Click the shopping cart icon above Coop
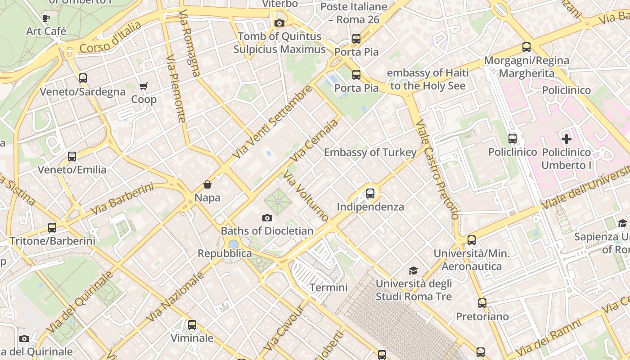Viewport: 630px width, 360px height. point(144,86)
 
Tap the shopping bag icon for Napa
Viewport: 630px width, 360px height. point(207,184)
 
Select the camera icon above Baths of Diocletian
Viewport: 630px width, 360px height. point(267,218)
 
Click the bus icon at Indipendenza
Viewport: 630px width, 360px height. point(370,193)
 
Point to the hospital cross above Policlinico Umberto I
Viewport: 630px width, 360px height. point(566,139)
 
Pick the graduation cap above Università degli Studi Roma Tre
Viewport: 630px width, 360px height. point(413,270)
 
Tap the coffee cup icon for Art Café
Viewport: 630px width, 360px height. point(45,18)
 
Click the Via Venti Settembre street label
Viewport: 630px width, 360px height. point(272,122)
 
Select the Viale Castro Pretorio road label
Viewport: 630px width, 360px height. point(436,170)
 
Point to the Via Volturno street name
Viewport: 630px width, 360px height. point(306,196)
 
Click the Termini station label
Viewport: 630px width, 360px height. point(328,288)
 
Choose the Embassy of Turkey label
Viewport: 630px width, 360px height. point(370,153)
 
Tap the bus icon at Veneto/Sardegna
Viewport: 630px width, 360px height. point(83,78)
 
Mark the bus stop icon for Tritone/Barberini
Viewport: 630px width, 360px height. point(52,228)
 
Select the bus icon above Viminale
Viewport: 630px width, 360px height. point(192,324)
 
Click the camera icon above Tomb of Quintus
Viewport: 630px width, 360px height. point(279,23)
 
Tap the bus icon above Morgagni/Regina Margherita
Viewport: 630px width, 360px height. point(526,47)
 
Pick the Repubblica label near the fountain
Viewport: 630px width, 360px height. point(225,253)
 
